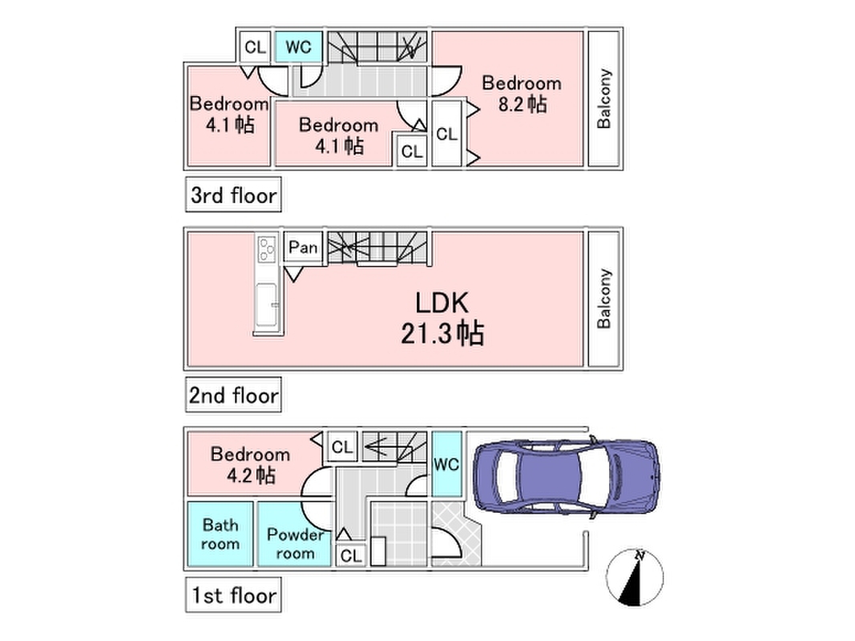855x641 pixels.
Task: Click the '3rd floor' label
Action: pyautogui.click(x=233, y=195)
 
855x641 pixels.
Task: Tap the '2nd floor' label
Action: pyautogui.click(x=233, y=395)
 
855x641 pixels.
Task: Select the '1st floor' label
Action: pyautogui.click(x=233, y=595)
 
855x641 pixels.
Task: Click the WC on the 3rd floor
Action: pyautogui.click(x=298, y=46)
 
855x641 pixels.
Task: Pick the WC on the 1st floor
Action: pyautogui.click(x=446, y=465)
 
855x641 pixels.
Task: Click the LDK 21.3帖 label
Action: pyautogui.click(x=442, y=317)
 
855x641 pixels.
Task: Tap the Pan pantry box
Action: pyautogui.click(x=303, y=248)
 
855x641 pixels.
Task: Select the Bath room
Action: pyautogui.click(x=220, y=534)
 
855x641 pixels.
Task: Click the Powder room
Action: pyautogui.click(x=294, y=543)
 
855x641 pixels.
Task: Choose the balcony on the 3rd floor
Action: pyautogui.click(x=604, y=99)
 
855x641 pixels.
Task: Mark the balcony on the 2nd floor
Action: pyautogui.click(x=604, y=298)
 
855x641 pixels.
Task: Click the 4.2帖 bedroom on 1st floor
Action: pyautogui.click(x=249, y=465)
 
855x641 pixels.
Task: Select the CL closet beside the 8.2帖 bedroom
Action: pyautogui.click(x=446, y=134)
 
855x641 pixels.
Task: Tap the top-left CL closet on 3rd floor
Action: pyautogui.click(x=255, y=46)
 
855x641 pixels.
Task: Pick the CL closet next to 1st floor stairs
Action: pyautogui.click(x=342, y=447)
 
